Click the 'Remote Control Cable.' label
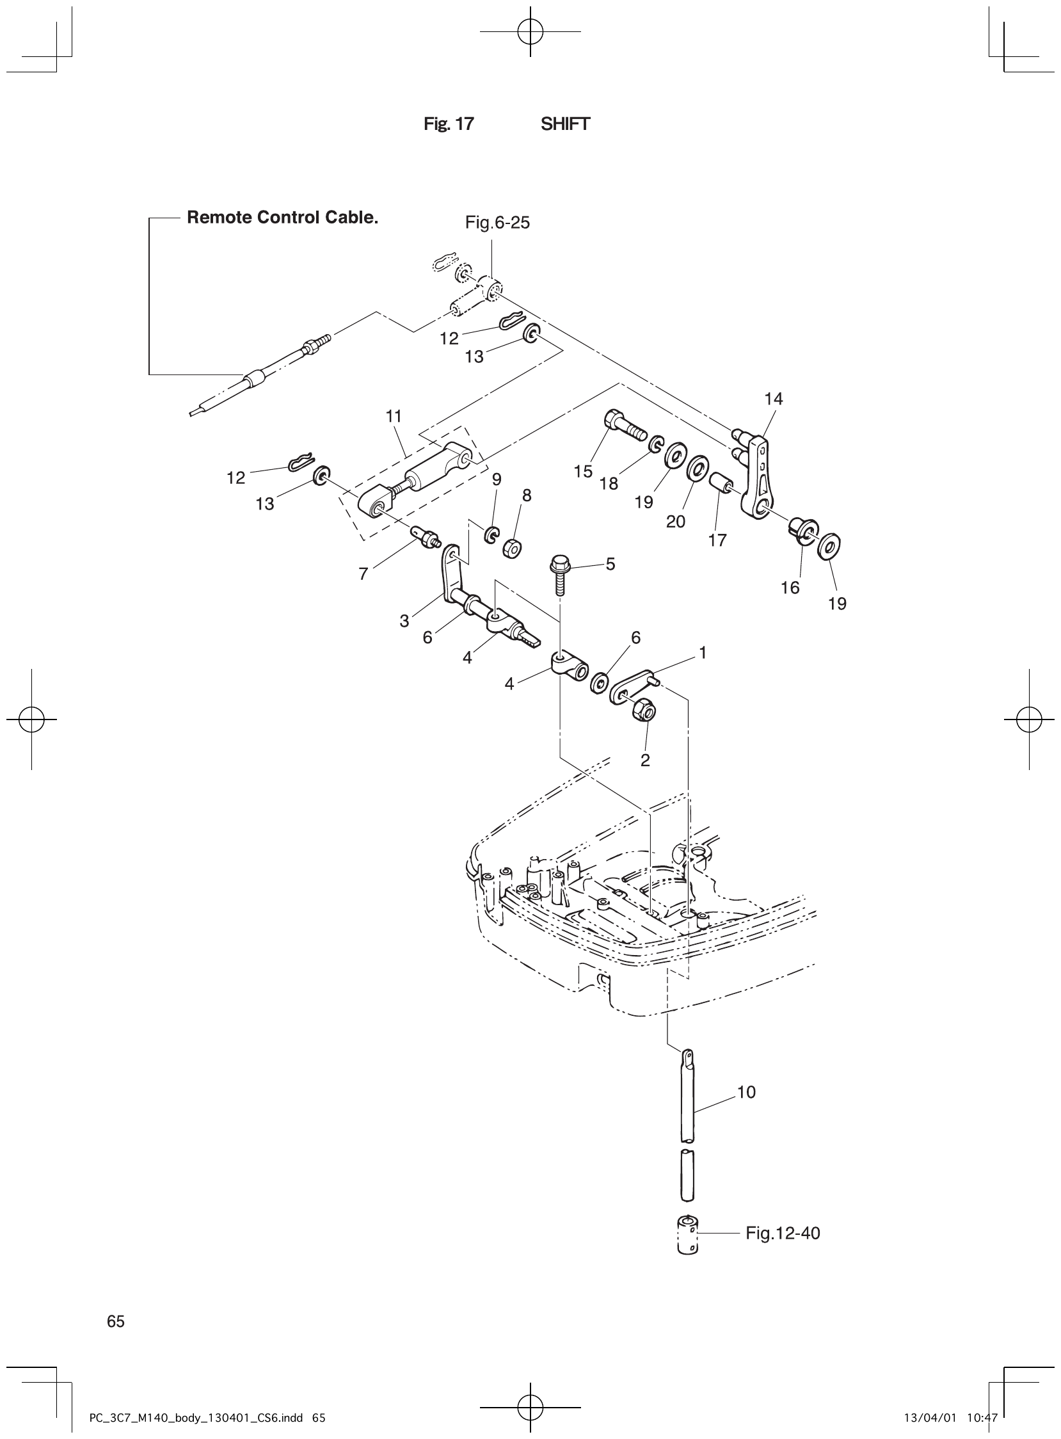click(282, 218)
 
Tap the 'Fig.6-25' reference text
click(497, 223)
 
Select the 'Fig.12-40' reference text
click(782, 1233)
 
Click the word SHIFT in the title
click(564, 124)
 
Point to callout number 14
click(773, 399)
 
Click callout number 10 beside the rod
click(746, 1092)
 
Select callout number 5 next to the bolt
click(610, 564)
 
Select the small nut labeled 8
click(512, 549)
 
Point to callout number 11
click(394, 416)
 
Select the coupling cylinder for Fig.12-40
click(687, 1235)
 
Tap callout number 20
click(675, 522)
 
